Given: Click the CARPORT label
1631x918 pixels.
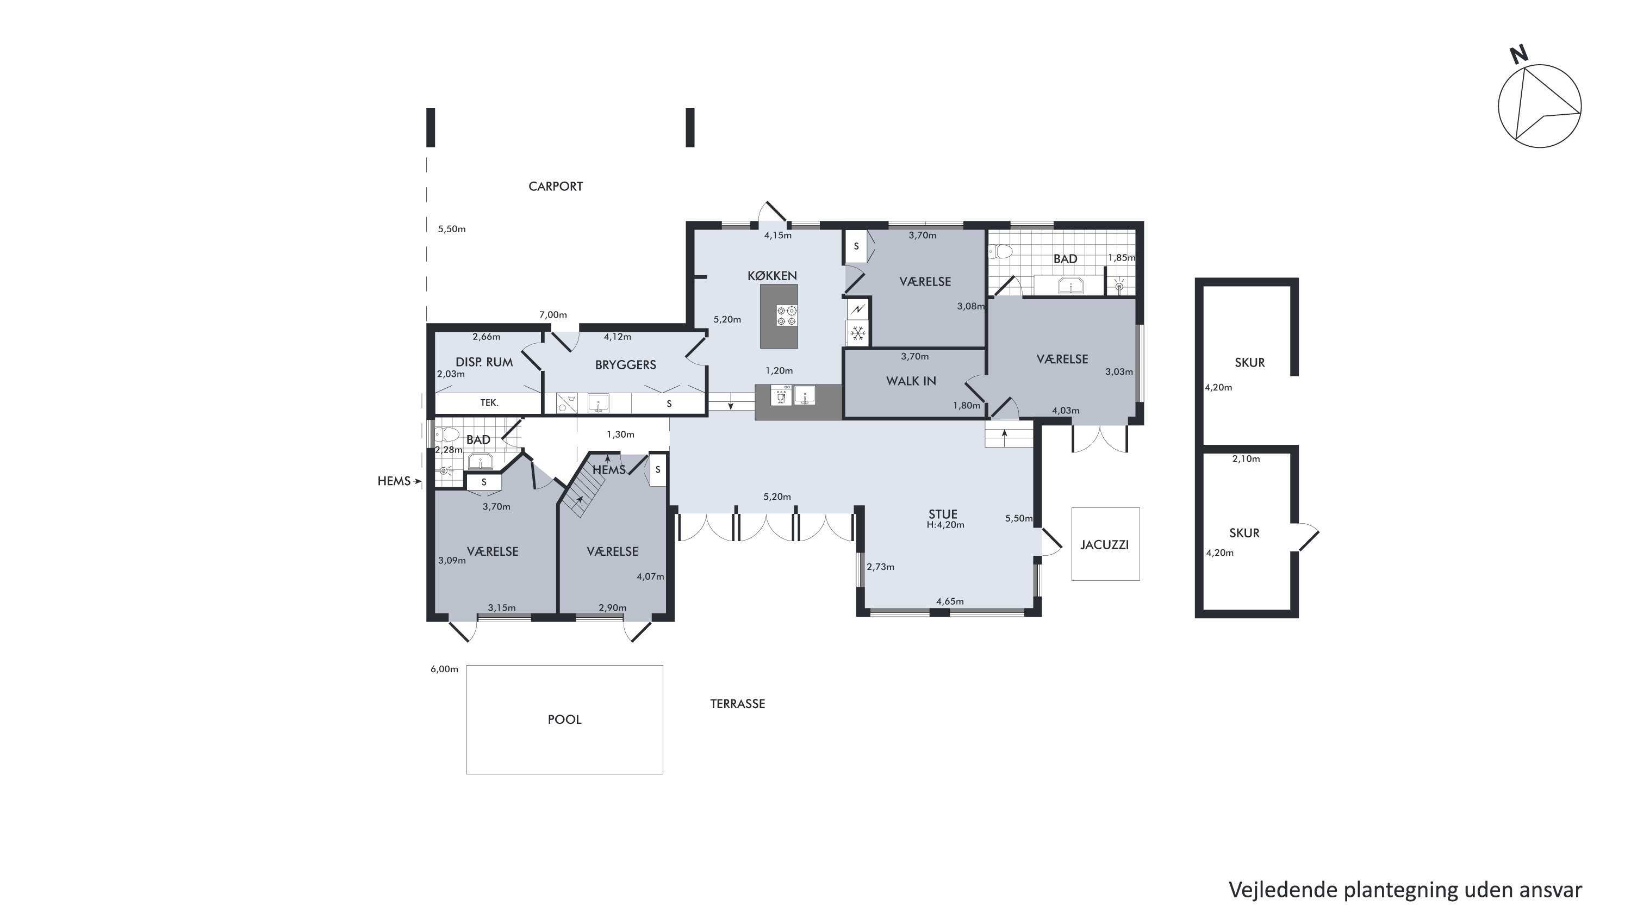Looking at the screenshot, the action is click(555, 186).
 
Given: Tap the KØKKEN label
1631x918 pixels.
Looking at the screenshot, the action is click(772, 276).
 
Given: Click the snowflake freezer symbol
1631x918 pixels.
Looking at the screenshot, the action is click(858, 333).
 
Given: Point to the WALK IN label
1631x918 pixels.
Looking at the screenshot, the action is click(911, 381).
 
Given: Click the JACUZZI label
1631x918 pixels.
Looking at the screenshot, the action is click(1104, 545).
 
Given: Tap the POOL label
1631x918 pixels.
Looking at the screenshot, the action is click(564, 719).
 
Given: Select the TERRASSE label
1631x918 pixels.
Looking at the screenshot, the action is click(737, 704).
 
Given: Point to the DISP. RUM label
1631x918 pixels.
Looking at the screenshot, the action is click(484, 362).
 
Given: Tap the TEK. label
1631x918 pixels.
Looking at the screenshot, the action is click(489, 402).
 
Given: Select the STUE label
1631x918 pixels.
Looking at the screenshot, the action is click(943, 514).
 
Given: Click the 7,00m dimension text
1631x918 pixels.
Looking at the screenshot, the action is click(553, 315).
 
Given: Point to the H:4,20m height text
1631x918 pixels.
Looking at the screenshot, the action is click(945, 525).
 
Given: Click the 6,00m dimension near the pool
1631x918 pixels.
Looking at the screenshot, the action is click(444, 669).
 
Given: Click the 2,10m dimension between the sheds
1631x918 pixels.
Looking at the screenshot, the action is click(1246, 458).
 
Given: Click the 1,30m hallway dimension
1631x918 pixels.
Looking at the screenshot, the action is click(620, 435).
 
